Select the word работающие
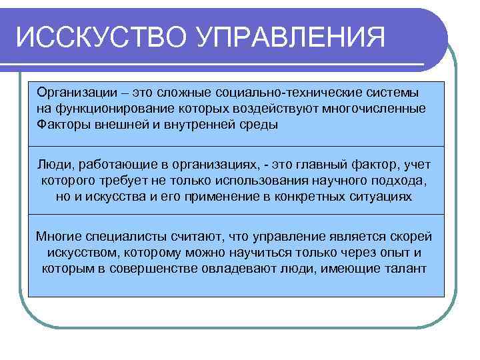[x=114, y=164]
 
